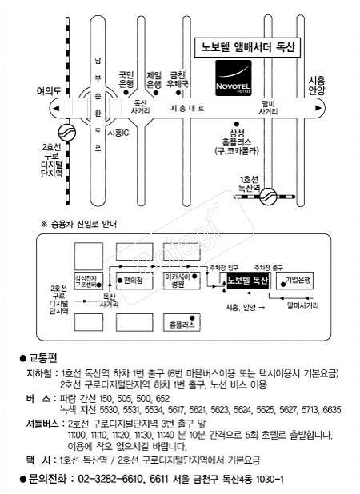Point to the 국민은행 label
point(126,78)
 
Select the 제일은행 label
point(154,78)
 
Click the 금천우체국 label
point(178,78)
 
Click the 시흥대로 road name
point(188,106)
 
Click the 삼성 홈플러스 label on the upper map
point(236,141)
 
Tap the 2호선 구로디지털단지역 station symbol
point(65,131)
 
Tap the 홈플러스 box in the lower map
point(178,325)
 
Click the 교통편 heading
point(42,357)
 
